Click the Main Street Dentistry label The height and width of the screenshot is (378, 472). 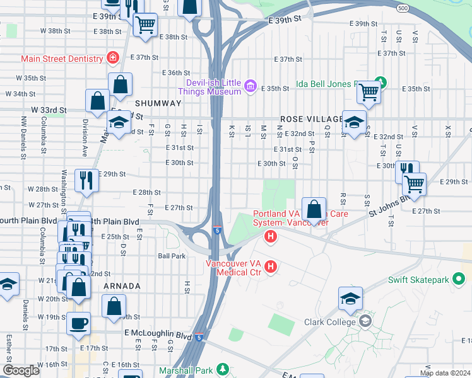[x=62, y=59]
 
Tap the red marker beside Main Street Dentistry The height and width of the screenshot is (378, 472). [x=113, y=58]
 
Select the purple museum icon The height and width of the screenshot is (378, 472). [x=251, y=86]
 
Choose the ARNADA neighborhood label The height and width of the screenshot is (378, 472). [x=122, y=286]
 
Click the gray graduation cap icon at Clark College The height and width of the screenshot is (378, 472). [x=365, y=321]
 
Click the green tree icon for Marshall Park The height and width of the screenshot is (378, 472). [x=221, y=369]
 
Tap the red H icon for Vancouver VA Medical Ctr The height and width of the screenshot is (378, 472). [x=271, y=267]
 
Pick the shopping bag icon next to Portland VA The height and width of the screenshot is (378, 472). [x=314, y=208]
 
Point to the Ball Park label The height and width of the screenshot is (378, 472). [x=172, y=256]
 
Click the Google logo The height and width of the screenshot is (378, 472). [x=21, y=370]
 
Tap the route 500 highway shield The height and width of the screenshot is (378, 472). [x=403, y=8]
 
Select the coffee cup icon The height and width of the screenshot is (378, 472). [x=79, y=323]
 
